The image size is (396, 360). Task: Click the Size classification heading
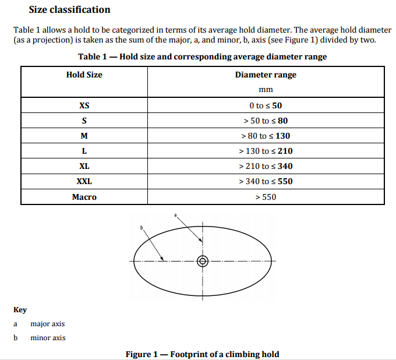point(69,9)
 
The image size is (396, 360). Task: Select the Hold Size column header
point(84,75)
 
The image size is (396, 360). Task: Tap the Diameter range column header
point(266,75)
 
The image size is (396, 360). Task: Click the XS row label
point(84,105)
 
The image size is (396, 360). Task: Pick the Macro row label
point(84,197)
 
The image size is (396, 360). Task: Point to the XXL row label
point(84,181)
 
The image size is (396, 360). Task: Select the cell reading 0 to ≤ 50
point(266,105)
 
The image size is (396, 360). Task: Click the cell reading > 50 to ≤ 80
point(266,121)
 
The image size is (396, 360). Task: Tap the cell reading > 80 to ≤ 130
point(266,136)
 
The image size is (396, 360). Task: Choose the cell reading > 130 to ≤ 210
point(266,151)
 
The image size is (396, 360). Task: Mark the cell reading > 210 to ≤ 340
point(266,166)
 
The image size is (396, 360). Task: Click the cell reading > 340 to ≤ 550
point(266,181)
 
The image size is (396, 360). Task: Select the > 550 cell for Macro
point(266,197)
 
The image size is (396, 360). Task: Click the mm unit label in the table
point(266,90)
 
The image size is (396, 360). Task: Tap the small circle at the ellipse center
point(203,261)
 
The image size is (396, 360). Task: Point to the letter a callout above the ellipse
point(175,216)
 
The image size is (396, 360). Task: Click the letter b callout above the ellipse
point(141,228)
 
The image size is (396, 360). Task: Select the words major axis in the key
point(48,324)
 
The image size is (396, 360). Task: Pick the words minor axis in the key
point(48,338)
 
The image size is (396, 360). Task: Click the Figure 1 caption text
point(203,354)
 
